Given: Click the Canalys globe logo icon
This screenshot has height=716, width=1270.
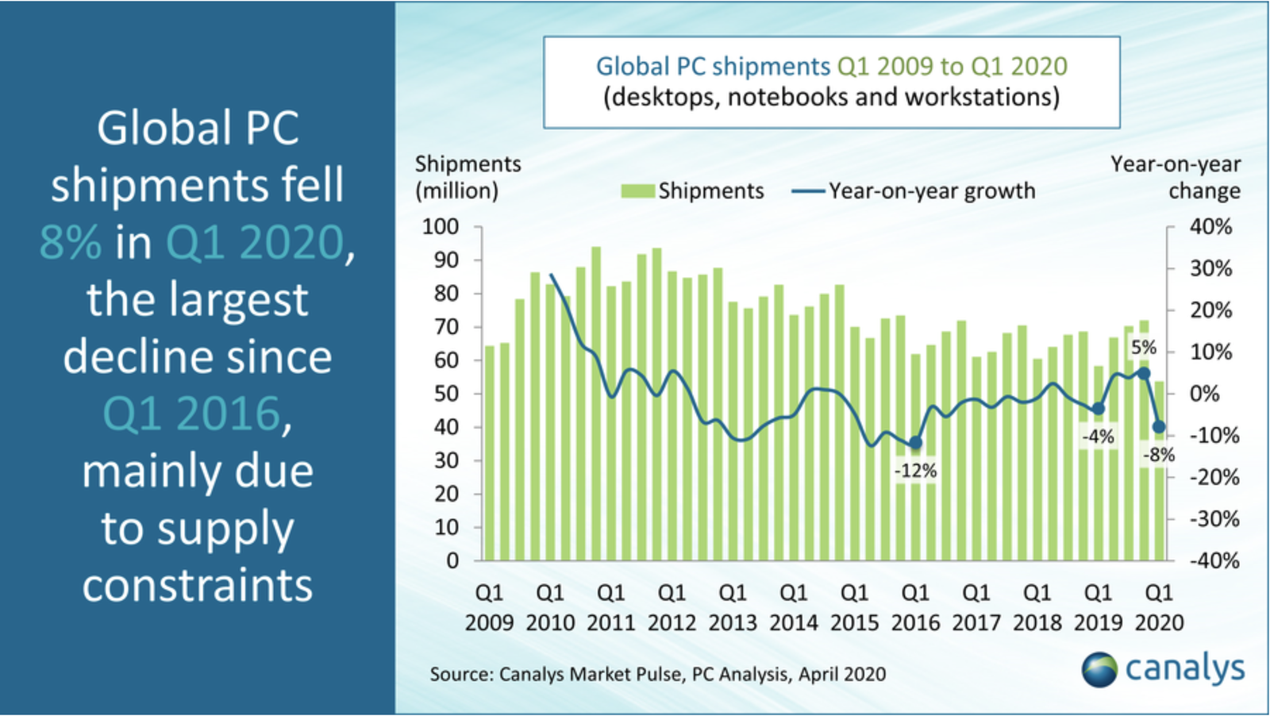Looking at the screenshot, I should pos(1099,669).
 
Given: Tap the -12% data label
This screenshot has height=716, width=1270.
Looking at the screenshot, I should pos(915,471).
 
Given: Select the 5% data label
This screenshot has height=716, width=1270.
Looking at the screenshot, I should pos(1143,348).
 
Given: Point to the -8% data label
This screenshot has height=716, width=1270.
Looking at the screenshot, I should pos(1158,456).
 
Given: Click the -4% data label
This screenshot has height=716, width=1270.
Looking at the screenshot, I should pos(1098,436).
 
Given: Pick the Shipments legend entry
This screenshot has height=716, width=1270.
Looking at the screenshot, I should pos(692,191).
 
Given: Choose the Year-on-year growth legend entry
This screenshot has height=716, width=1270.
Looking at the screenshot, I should pos(914,191).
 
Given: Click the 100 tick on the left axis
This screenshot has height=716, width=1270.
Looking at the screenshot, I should pos(440,227).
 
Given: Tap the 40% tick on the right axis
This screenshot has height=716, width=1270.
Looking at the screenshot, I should pos(1210,227).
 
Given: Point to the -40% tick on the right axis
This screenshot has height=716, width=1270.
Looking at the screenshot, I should pos(1214,560).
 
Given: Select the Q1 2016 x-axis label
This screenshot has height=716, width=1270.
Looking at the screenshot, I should pos(915,607).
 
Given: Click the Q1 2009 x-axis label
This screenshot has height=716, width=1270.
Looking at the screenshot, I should pos(489,607).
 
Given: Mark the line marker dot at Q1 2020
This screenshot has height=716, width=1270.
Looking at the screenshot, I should pos(1159,427).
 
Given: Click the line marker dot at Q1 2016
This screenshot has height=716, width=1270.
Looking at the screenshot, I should pos(915,443).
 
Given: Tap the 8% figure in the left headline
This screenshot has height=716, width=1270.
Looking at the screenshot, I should pos(71,242).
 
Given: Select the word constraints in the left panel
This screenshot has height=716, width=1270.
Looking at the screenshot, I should pos(198,586).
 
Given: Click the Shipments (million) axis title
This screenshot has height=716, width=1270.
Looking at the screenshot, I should pos(468,177).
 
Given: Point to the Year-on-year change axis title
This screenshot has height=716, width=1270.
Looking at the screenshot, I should pos(1176,177).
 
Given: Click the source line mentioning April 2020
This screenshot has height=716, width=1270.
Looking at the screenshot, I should pos(657,674).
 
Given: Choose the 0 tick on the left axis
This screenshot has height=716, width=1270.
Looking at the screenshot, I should pos(452,560).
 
